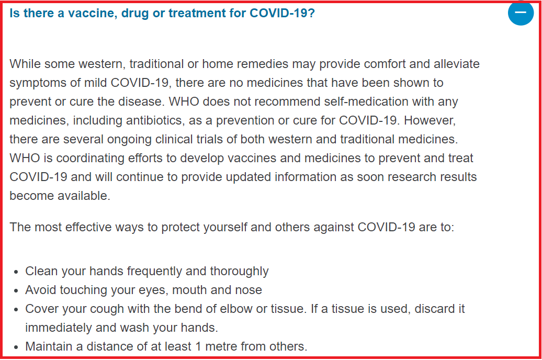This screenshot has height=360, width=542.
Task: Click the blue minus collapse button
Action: pyautogui.click(x=521, y=13)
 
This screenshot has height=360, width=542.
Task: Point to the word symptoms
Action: pyautogui.click(x=30, y=83)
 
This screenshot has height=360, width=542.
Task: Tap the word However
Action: pyautogui.click(x=430, y=120)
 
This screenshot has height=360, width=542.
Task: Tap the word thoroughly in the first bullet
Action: pyautogui.click(x=239, y=272)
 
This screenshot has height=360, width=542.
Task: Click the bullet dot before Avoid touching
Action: pyautogui.click(x=16, y=291)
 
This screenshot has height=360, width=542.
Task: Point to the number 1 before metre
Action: pyautogui.click(x=198, y=346)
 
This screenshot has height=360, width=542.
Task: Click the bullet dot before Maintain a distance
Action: pyautogui.click(x=16, y=347)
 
